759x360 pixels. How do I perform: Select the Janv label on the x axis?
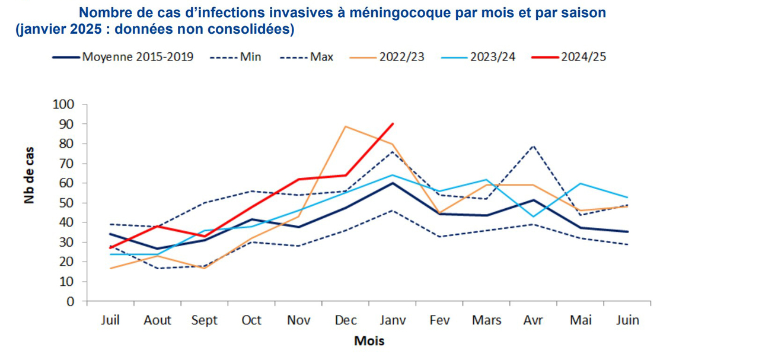393,320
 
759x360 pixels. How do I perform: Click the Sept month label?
205,320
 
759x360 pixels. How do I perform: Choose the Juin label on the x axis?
627,320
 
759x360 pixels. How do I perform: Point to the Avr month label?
534,320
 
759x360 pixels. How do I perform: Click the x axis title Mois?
369,341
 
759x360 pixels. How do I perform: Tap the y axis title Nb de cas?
29,176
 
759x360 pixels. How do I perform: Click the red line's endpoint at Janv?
393,124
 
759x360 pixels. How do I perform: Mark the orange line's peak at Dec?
346,126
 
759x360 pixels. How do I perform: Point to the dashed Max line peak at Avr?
534,145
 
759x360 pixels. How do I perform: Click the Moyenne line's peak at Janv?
393,183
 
